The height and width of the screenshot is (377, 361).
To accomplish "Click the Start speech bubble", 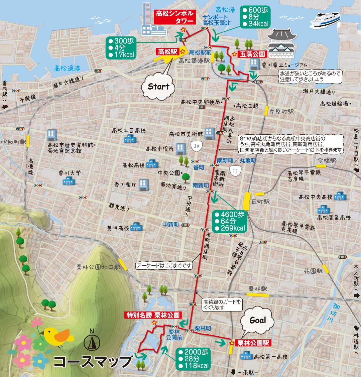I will (158, 87).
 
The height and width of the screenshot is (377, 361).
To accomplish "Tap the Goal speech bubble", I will (258, 321).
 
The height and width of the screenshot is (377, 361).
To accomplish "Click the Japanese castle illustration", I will (282, 43).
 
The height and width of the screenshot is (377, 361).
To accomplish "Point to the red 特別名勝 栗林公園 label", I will (153, 315).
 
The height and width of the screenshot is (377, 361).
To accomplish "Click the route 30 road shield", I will (196, 146).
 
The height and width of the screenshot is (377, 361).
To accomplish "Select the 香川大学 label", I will (70, 173).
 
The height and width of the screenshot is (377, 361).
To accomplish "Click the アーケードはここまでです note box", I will (164, 266).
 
